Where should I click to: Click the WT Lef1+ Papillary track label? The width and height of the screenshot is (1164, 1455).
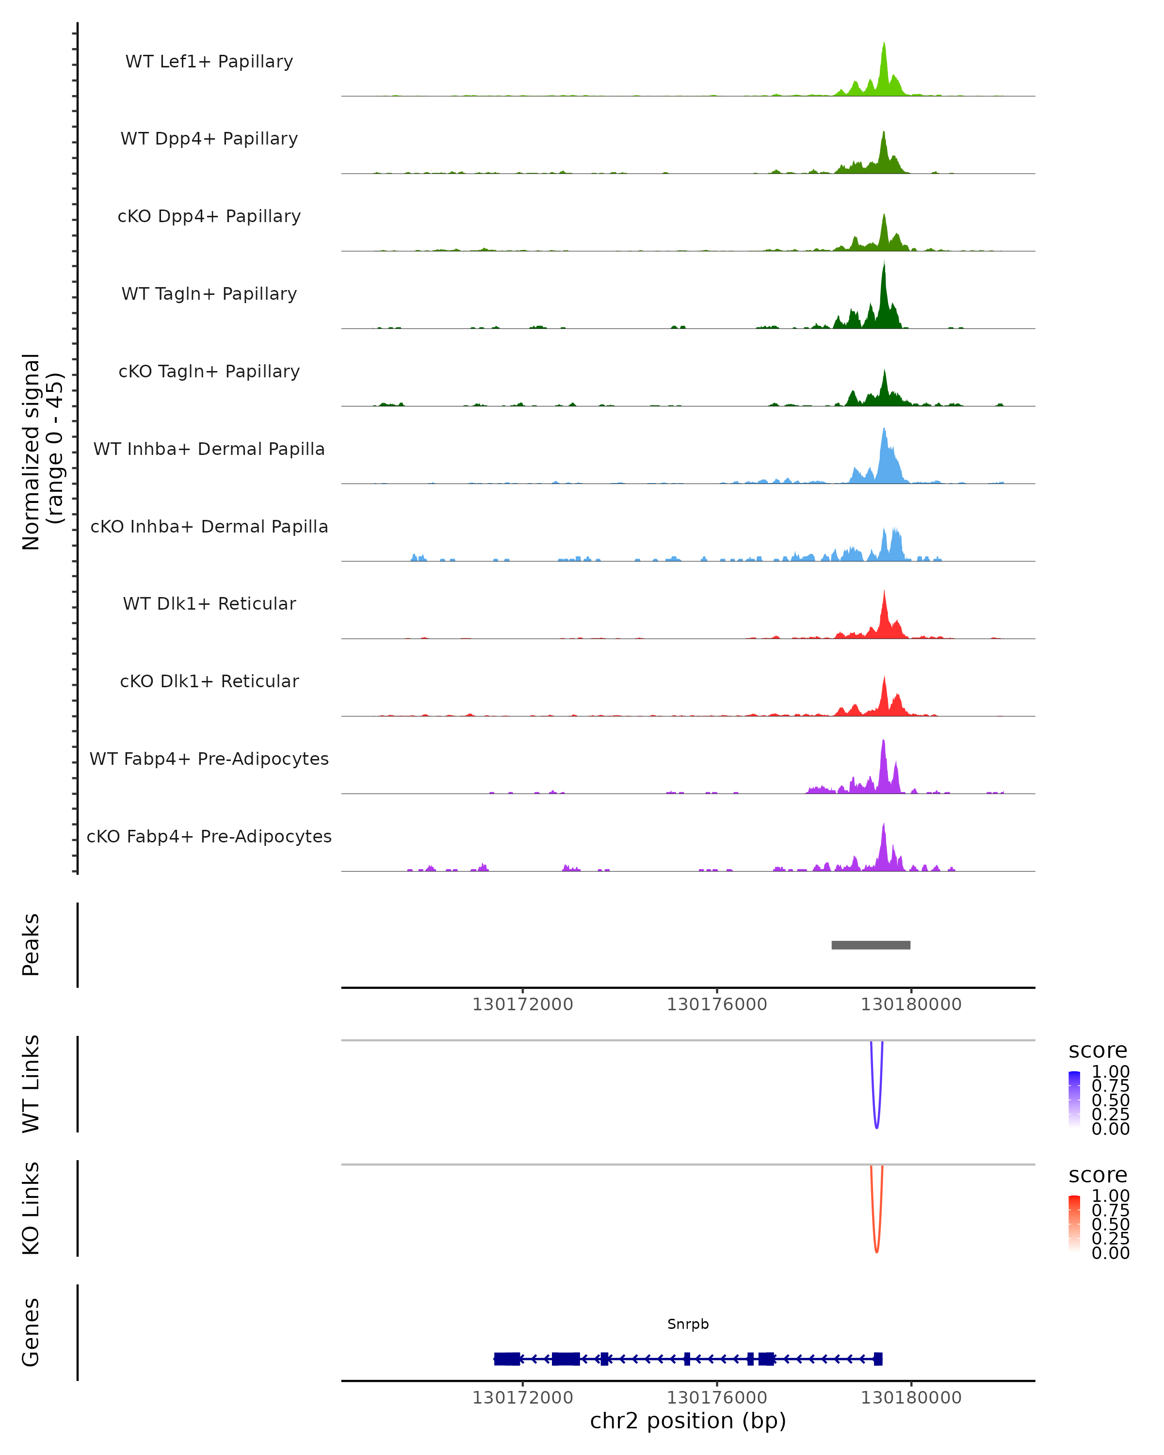pyautogui.click(x=209, y=62)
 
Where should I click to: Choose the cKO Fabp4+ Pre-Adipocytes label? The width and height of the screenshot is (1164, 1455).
pyautogui.click(x=209, y=836)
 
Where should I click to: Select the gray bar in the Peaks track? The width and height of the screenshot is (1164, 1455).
pyautogui.click(x=871, y=945)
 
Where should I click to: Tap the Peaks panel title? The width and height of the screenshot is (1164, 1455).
pyautogui.click(x=31, y=945)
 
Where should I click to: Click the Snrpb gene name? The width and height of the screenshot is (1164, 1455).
pyautogui.click(x=688, y=1324)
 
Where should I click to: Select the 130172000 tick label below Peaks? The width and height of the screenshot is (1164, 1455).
pyautogui.click(x=522, y=1004)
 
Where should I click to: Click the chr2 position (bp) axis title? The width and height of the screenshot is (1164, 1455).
pyautogui.click(x=688, y=1421)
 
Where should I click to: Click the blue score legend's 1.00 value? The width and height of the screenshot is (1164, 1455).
pyautogui.click(x=1110, y=1072)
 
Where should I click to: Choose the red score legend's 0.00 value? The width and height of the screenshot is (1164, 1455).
pyautogui.click(x=1110, y=1253)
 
